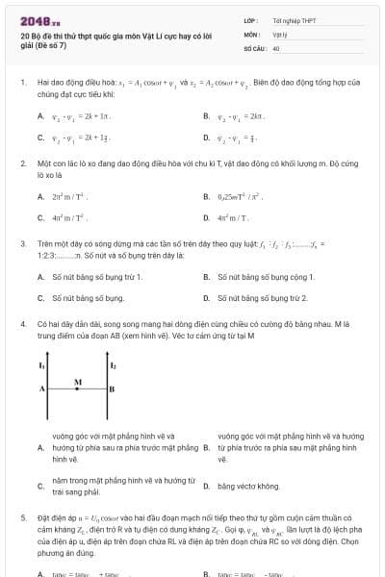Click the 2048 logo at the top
(38, 20)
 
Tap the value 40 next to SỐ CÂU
(276, 47)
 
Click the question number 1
(23, 84)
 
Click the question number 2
(23, 163)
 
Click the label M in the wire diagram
(78, 382)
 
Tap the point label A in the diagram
(41, 389)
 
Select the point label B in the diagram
(112, 389)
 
